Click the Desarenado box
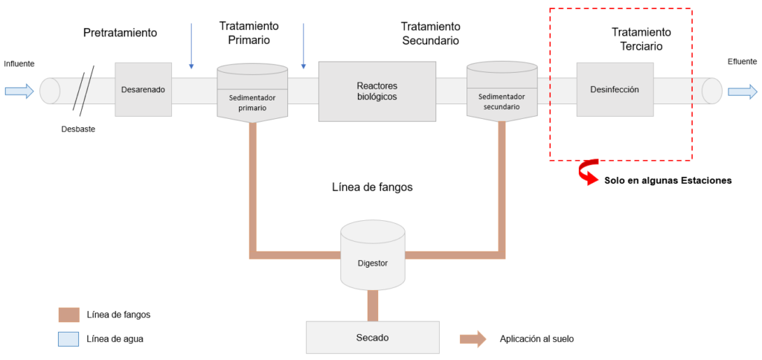click(144, 89)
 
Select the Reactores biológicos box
click(377, 91)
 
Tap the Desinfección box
click(615, 89)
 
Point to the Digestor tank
click(373, 257)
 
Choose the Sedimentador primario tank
click(252, 93)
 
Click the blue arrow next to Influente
click(19, 91)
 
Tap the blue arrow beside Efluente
click(742, 91)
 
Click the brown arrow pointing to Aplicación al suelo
click(473, 339)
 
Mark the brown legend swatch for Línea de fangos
click(68, 315)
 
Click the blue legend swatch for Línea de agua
click(68, 339)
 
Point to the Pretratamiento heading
click(120, 33)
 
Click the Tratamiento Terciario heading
click(641, 39)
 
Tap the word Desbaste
click(78, 129)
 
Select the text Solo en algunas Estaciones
click(667, 180)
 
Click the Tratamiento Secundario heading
click(430, 33)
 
